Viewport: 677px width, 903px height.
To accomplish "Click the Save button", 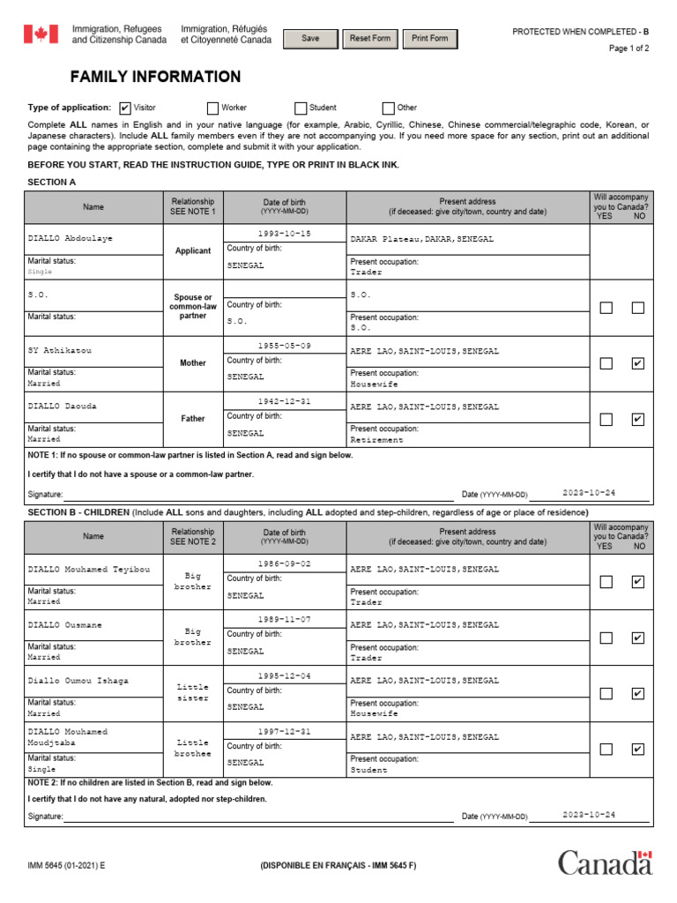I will (310, 39).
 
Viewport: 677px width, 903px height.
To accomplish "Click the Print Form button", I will (429, 39).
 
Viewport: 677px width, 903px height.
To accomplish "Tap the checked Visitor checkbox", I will (124, 108).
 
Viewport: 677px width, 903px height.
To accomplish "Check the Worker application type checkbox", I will (212, 108).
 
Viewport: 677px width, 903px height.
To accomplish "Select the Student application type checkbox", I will (301, 108).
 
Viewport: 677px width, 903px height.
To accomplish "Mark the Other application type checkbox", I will (388, 108).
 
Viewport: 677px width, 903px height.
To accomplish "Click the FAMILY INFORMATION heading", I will (155, 78).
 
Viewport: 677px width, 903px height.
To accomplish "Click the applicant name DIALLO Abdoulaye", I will (71, 239).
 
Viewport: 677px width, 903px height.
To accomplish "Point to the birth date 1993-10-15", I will (284, 234).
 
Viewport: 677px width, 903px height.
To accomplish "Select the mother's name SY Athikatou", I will (60, 351).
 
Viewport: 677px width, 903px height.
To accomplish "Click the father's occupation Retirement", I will (376, 439).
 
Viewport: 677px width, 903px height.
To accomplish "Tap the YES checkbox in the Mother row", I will (606, 363).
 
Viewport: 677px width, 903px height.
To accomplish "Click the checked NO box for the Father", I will (637, 420).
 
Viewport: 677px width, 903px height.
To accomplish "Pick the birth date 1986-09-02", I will (284, 563).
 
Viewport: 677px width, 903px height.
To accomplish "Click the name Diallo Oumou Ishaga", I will (78, 681).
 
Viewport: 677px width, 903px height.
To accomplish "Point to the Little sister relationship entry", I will (193, 692).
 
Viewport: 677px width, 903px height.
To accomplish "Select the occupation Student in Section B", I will (368, 769).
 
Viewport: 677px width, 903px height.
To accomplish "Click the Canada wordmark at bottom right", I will (605, 862).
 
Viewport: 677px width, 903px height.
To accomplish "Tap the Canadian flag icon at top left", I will (40, 34).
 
